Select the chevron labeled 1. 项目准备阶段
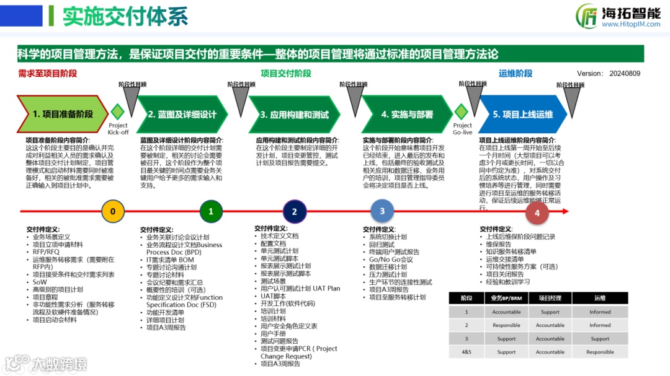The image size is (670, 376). (x=62, y=114)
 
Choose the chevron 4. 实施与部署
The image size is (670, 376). (x=407, y=114)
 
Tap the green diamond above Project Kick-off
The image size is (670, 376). (x=118, y=112)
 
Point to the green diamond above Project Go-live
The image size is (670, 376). (x=461, y=112)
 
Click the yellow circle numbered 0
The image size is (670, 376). (x=112, y=211)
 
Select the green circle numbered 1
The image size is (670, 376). (x=211, y=211)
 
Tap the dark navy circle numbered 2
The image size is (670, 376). (x=294, y=211)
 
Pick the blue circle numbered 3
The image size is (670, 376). (x=382, y=211)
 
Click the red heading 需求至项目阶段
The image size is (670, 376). (x=47, y=74)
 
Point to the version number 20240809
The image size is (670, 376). (x=623, y=74)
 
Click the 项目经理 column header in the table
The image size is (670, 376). (x=550, y=298)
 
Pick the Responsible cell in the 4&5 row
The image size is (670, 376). (x=600, y=352)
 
